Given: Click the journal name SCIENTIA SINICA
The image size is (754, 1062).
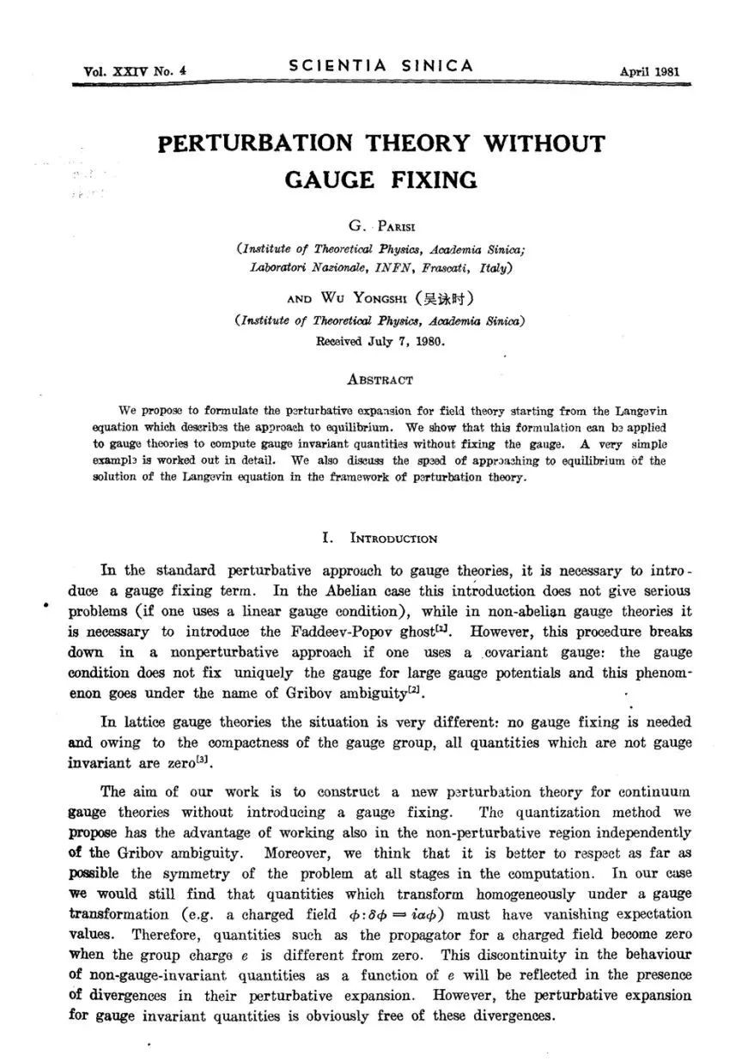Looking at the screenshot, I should coord(382,66).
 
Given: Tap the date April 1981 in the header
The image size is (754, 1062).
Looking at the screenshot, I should coord(648,71).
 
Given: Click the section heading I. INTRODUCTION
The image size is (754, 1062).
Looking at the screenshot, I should coord(380,539).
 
